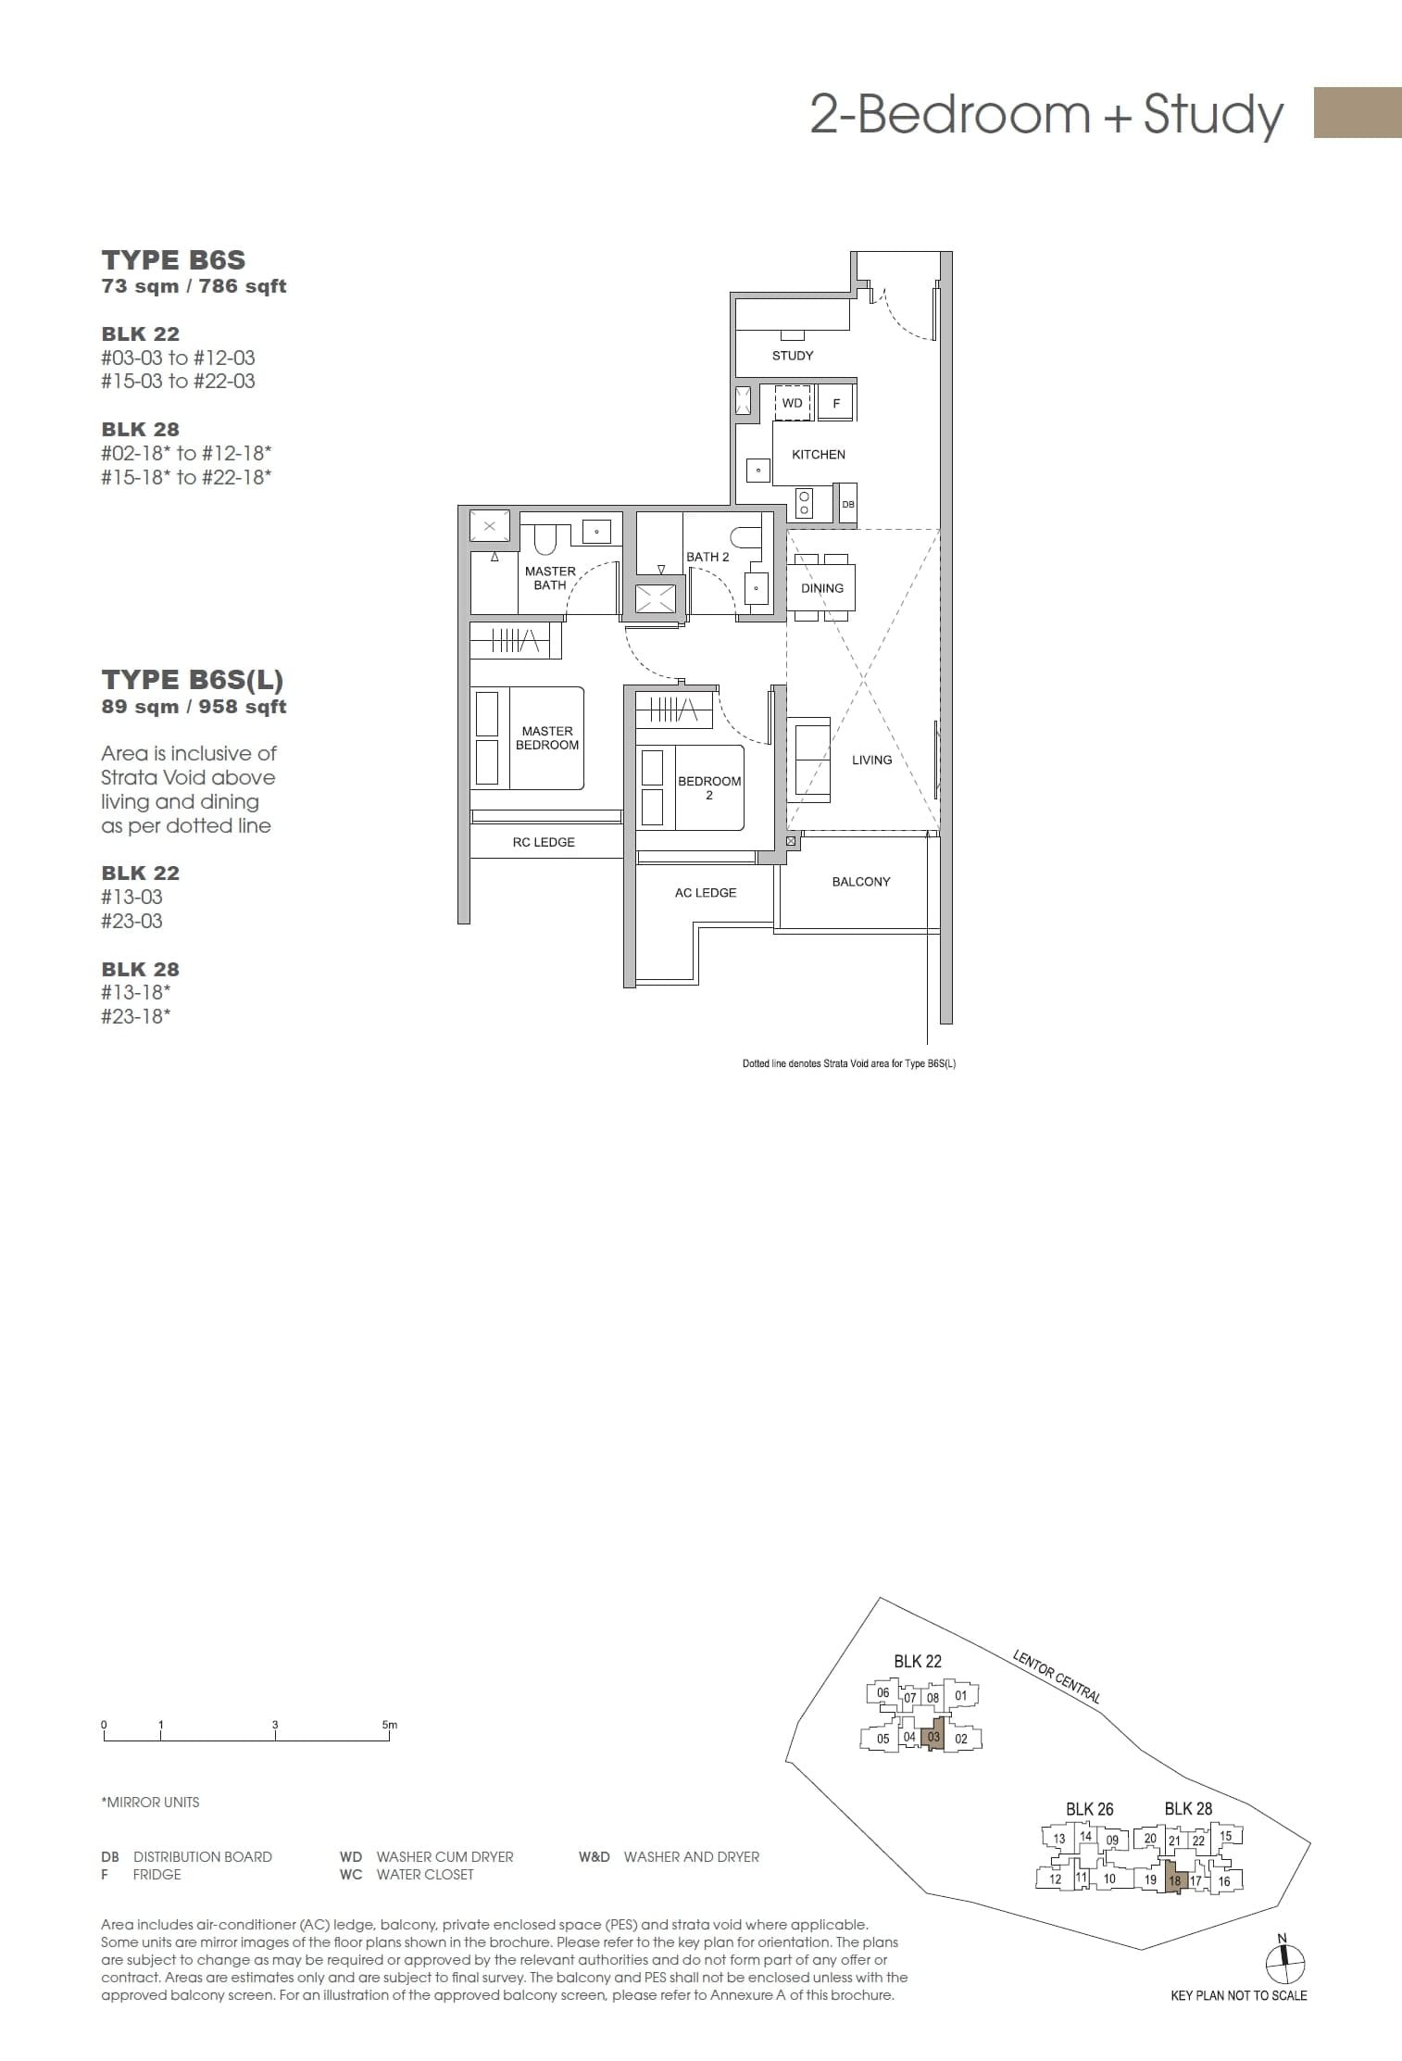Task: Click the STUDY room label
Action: click(x=793, y=356)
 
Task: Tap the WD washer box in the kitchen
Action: click(x=793, y=403)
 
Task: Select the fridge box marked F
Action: click(x=836, y=403)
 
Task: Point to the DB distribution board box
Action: click(x=847, y=504)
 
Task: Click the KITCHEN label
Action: click(x=819, y=455)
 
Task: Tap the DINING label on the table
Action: click(x=822, y=588)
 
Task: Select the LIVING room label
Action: click(x=871, y=760)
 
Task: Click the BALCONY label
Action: click(x=860, y=882)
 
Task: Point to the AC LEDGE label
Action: click(x=706, y=893)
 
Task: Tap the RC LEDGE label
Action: click(x=544, y=842)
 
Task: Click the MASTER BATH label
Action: click(x=550, y=578)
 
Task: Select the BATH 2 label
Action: click(x=707, y=557)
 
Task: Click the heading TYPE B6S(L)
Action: click(x=193, y=680)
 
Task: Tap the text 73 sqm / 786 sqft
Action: click(x=194, y=286)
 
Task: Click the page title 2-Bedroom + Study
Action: click(x=1046, y=114)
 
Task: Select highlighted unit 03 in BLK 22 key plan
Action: click(x=933, y=1738)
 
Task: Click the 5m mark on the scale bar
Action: click(x=389, y=1725)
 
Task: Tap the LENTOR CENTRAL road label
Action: click(x=1058, y=1677)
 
